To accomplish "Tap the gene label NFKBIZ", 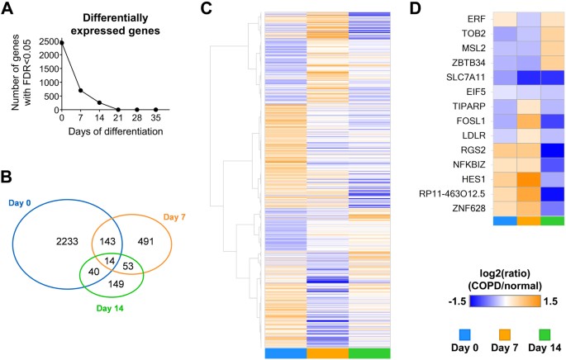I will click(459, 164).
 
